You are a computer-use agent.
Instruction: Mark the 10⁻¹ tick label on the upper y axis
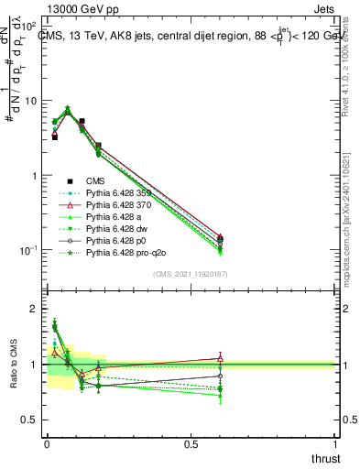click(27, 250)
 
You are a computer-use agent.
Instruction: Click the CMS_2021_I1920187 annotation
click(191, 273)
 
